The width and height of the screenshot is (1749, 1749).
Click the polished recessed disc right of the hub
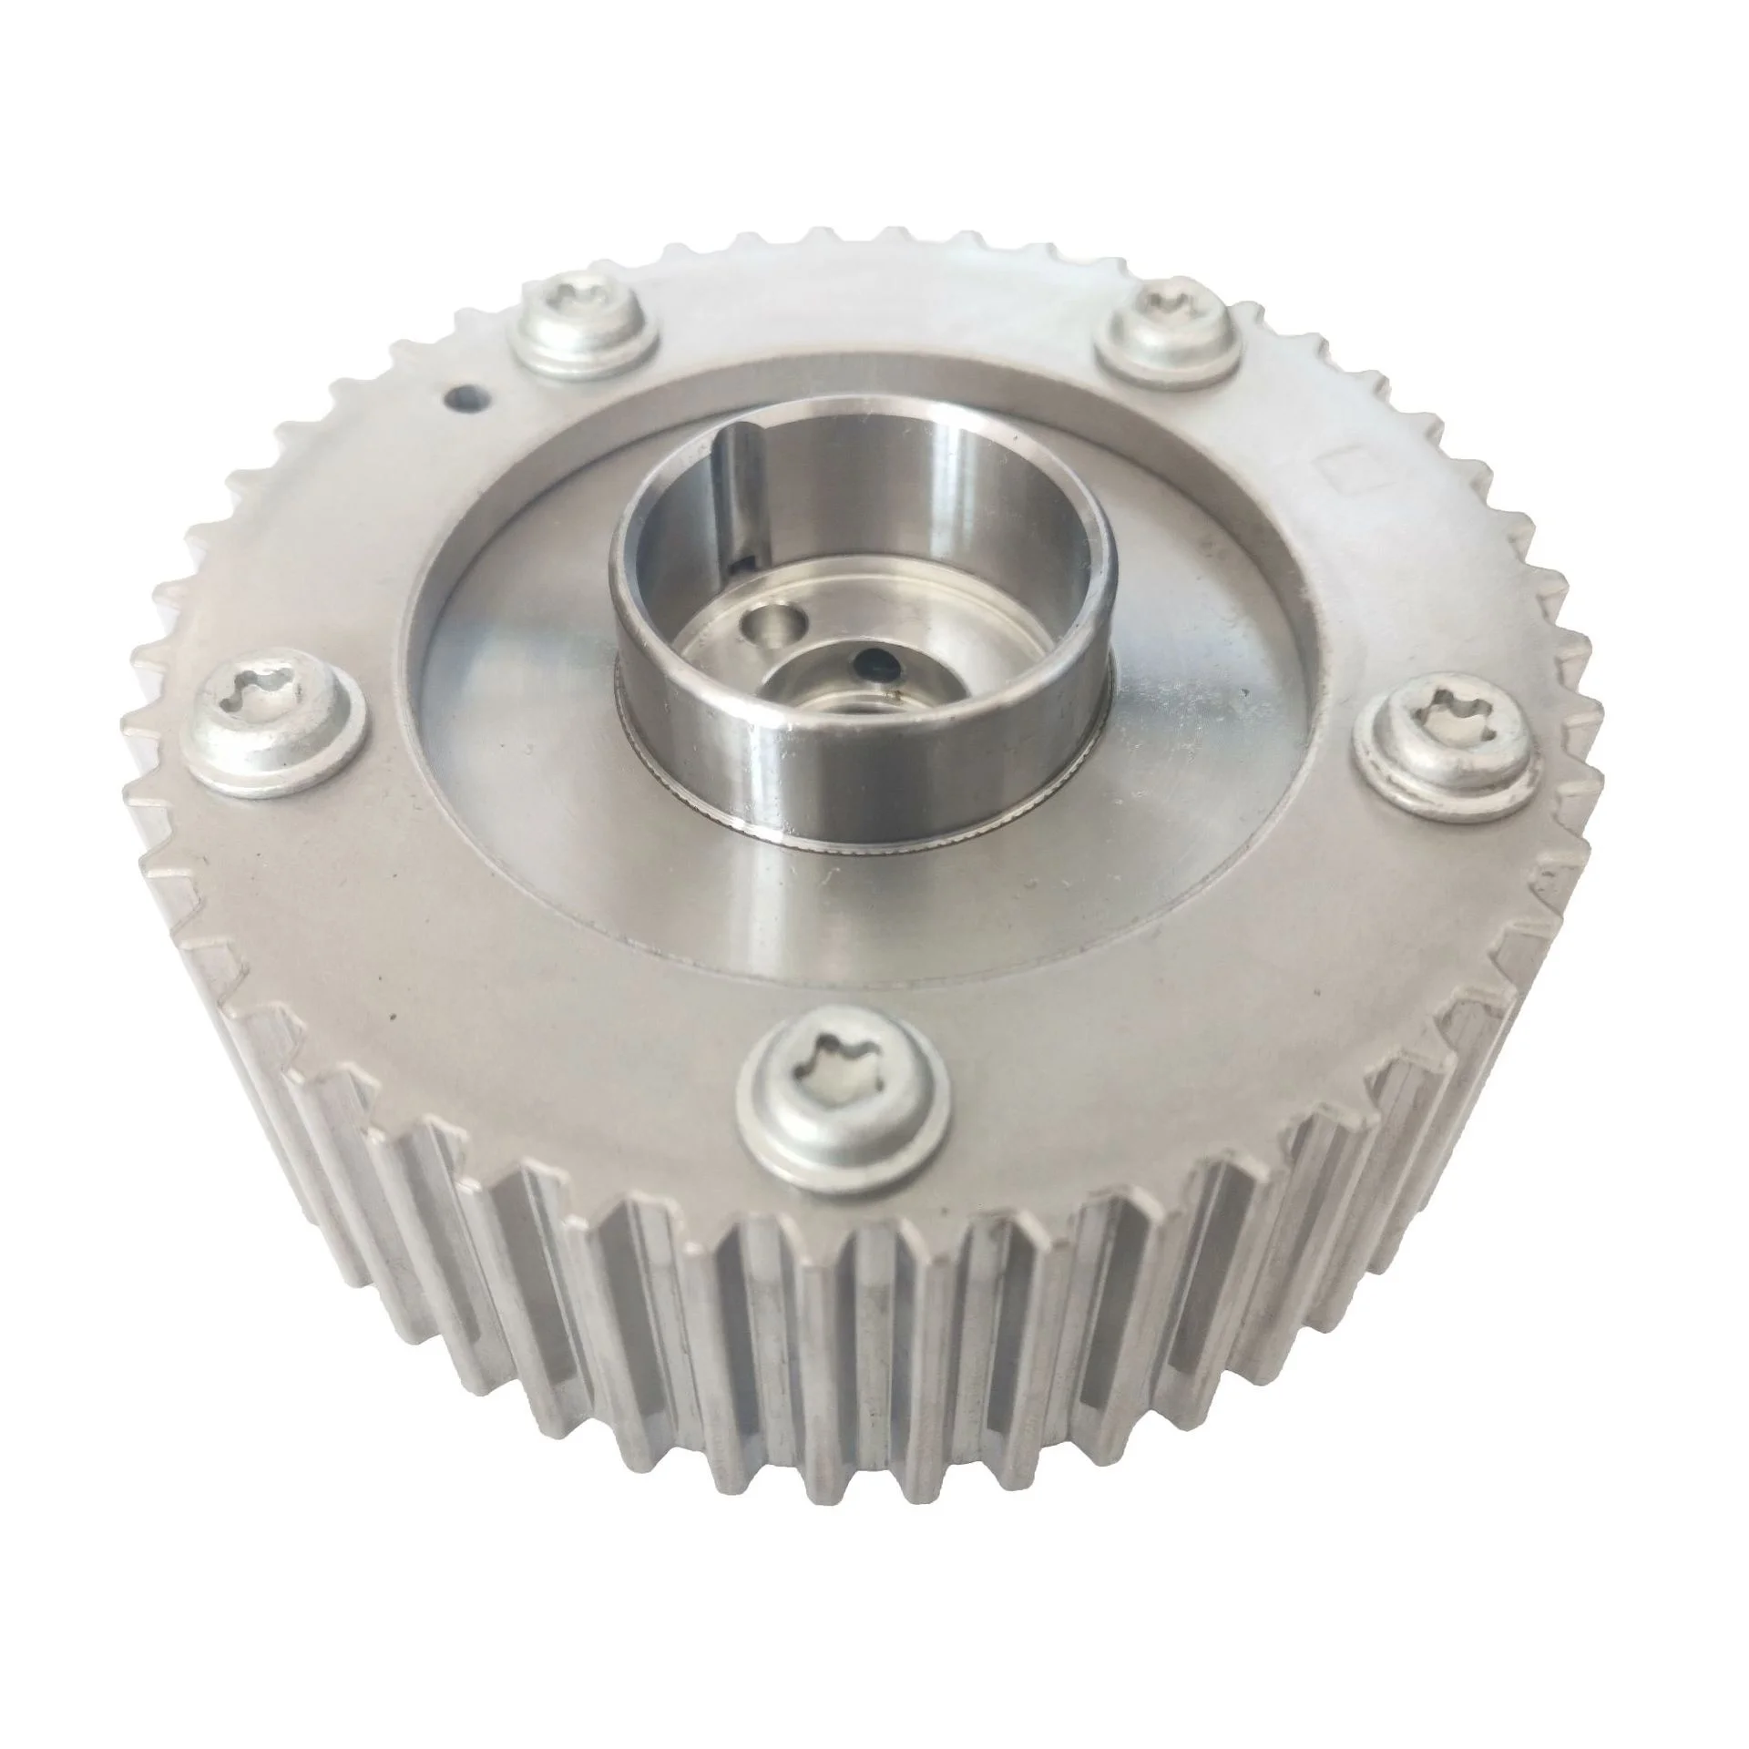1202,729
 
